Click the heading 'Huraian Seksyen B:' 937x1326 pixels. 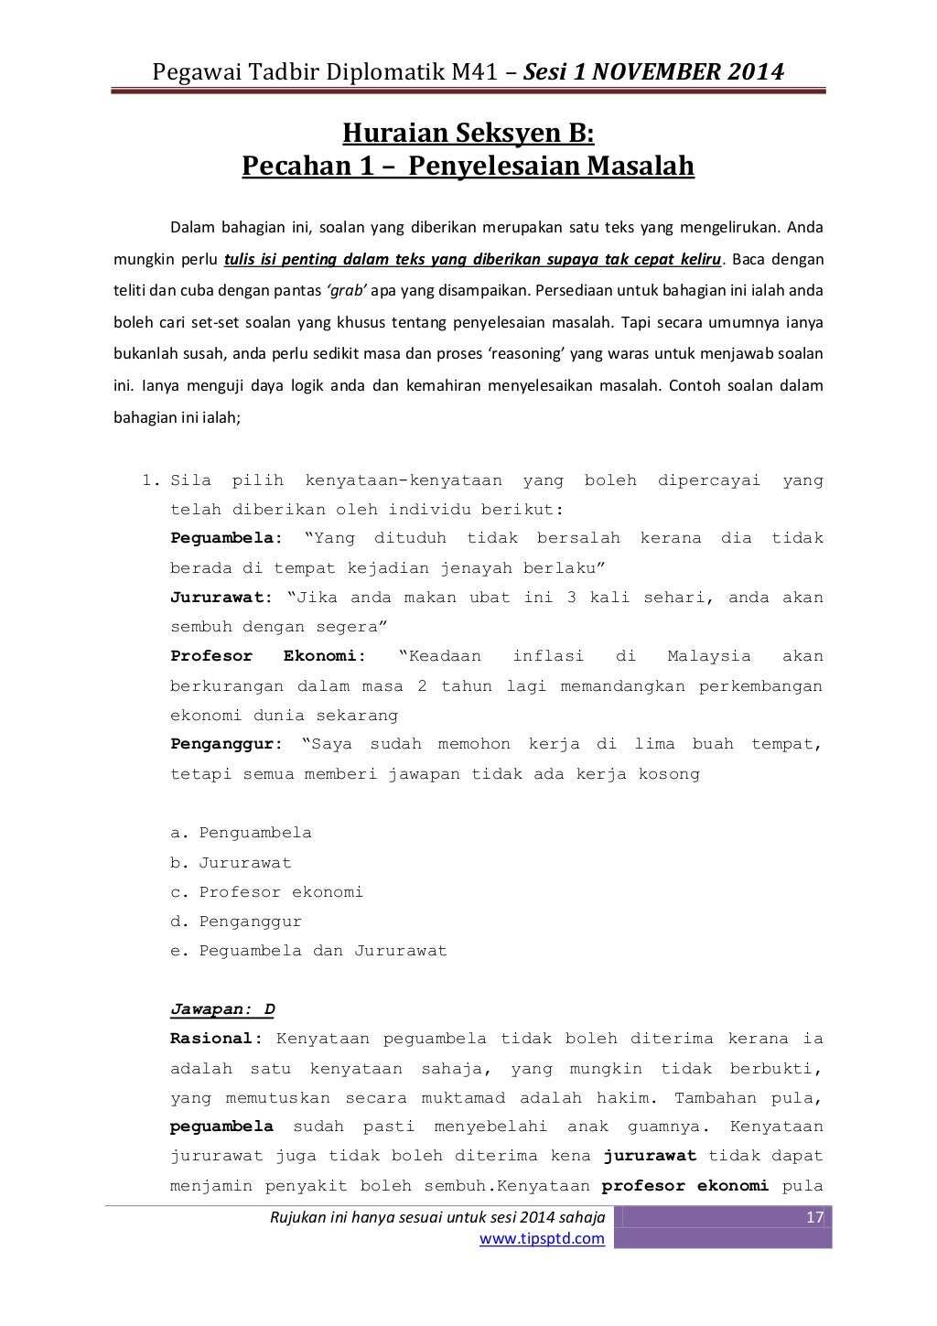click(x=468, y=135)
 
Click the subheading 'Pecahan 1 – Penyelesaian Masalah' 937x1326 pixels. click(x=468, y=167)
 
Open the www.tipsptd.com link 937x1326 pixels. click(x=543, y=1239)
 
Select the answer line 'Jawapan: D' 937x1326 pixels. click(x=222, y=1009)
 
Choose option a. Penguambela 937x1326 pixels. click(x=241, y=833)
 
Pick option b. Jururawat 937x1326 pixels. click(x=231, y=862)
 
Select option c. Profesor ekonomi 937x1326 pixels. click(x=266, y=891)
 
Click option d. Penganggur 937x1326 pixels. click(x=236, y=921)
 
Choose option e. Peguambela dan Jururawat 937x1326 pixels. click(x=308, y=951)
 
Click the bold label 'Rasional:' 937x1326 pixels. click(x=217, y=1039)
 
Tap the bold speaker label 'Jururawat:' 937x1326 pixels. click(x=221, y=598)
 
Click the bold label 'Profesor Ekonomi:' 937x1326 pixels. click(x=268, y=656)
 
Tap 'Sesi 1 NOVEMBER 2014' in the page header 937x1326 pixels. click(x=653, y=70)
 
